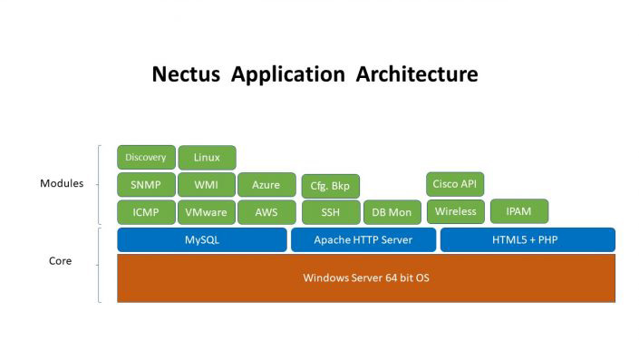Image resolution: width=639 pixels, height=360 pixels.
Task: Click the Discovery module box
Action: coord(146,158)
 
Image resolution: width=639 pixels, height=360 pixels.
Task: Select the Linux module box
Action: coord(207,158)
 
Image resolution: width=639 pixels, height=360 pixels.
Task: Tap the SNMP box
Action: coord(146,185)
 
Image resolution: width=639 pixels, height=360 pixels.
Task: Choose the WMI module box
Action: coord(207,185)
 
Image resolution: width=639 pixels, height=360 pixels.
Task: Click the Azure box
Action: coord(266,185)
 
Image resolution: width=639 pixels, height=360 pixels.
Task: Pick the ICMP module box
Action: coord(146,212)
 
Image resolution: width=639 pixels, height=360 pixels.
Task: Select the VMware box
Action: coord(207,212)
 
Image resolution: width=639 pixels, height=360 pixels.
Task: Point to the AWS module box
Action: coord(266,212)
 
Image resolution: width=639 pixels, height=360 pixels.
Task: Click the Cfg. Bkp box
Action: coord(330,186)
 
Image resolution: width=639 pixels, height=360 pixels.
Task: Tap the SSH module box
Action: coord(330,212)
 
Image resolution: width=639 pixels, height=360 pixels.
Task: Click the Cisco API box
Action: coord(455,184)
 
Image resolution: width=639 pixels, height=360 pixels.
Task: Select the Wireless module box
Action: coord(455,211)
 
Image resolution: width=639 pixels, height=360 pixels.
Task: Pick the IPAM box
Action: coord(518,211)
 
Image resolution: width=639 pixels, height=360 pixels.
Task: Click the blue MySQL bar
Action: coord(202,240)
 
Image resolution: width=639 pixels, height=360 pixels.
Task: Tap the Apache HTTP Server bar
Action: coord(363,240)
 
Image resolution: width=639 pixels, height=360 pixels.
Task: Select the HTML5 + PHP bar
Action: coord(528,240)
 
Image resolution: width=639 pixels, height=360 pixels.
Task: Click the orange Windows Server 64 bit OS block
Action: coord(366,277)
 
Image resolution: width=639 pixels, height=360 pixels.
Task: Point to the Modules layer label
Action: coord(62,184)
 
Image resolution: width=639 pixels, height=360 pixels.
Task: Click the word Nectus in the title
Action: coord(187,74)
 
